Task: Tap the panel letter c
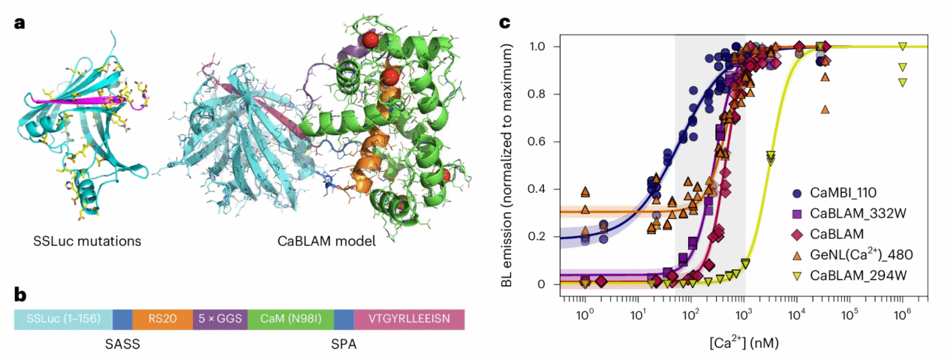tap(505, 23)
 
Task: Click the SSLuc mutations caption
tap(88, 241)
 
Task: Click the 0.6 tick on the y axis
tap(549, 142)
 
